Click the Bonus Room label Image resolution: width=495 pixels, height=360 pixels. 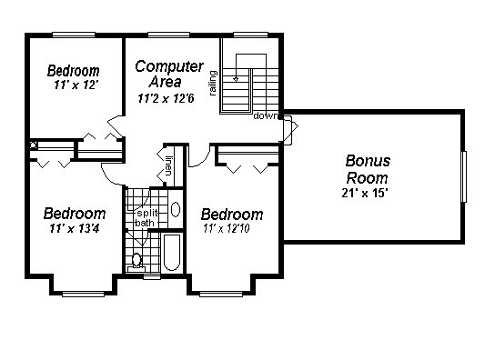(x=368, y=169)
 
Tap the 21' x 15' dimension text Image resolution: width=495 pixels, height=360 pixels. (x=365, y=193)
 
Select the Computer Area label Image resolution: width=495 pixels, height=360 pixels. (x=169, y=74)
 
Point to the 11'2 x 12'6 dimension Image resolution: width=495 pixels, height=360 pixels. (x=166, y=98)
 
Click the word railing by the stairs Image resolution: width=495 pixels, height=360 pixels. (x=214, y=84)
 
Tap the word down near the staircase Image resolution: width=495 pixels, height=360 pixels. (x=266, y=115)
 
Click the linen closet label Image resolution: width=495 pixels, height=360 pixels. (x=168, y=166)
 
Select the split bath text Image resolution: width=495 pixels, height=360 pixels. (x=146, y=218)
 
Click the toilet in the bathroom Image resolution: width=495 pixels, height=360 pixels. (x=136, y=263)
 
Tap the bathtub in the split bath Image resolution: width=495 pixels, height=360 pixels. (x=172, y=252)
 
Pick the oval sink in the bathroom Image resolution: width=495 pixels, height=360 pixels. (x=176, y=209)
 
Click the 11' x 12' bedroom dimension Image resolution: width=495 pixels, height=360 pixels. (x=76, y=85)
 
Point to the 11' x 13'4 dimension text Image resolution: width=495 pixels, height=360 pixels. (x=75, y=228)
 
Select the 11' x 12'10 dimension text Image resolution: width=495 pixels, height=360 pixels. (x=227, y=228)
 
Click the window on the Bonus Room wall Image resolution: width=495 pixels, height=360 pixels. (x=463, y=176)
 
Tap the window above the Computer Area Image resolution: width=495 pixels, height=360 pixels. (x=169, y=35)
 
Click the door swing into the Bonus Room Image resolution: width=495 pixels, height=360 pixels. (x=290, y=129)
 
